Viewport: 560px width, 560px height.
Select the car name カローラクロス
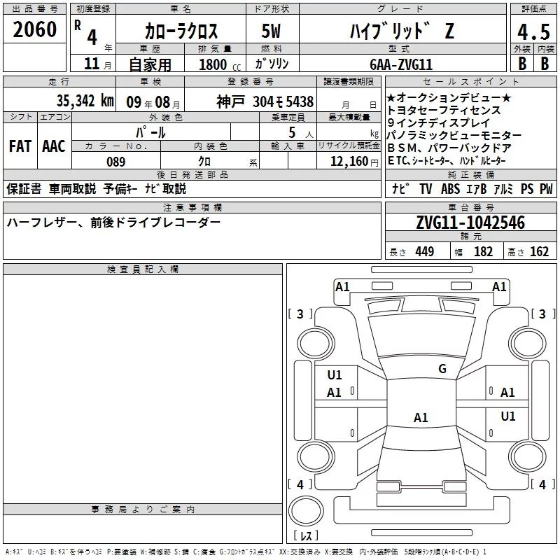click(181, 31)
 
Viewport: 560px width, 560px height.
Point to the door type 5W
click(273, 31)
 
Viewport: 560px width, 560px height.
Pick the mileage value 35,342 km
click(85, 101)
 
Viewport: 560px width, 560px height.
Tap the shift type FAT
click(20, 146)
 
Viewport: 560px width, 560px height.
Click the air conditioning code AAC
click(53, 146)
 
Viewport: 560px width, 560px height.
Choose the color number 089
click(116, 162)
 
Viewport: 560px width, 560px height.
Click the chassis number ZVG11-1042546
click(470, 223)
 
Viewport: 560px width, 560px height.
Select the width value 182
click(483, 252)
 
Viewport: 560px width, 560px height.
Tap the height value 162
click(539, 252)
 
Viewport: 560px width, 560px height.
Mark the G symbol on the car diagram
click(442, 369)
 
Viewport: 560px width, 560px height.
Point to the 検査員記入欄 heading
click(143, 269)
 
